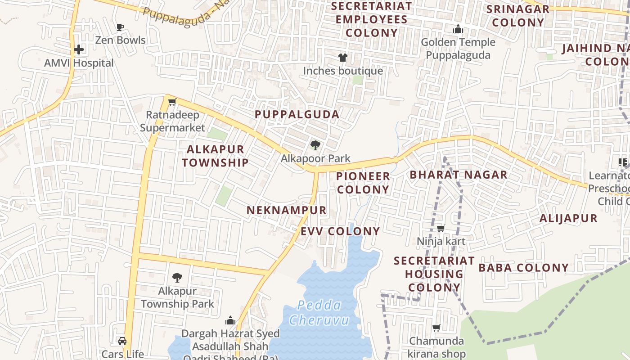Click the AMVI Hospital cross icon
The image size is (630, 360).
[x=79, y=49]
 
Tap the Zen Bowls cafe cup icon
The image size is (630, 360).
[x=120, y=27]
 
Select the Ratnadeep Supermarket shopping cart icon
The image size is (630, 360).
[x=172, y=102]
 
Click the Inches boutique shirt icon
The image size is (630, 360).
[x=343, y=58]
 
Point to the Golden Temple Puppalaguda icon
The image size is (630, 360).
[x=458, y=29]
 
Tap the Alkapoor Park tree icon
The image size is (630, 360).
[x=315, y=145]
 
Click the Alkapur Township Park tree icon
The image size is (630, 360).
[x=177, y=277]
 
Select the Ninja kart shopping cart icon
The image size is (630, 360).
[x=441, y=228]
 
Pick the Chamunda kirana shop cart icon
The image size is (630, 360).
[x=436, y=328]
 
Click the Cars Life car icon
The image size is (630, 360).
[x=122, y=341]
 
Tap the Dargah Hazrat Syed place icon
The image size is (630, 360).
[x=230, y=320]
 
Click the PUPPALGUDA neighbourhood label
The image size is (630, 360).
[x=297, y=114]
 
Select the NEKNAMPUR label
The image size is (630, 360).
[x=287, y=210]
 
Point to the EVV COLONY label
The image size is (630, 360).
[x=340, y=231]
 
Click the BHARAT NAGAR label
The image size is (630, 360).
[x=459, y=175]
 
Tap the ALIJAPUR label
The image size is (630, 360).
[x=568, y=219]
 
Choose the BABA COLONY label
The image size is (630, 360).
[x=523, y=268]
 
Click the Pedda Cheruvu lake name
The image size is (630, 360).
[x=319, y=313]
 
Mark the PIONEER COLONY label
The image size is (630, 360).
[x=363, y=183]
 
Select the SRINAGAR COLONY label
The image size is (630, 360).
[x=518, y=16]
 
